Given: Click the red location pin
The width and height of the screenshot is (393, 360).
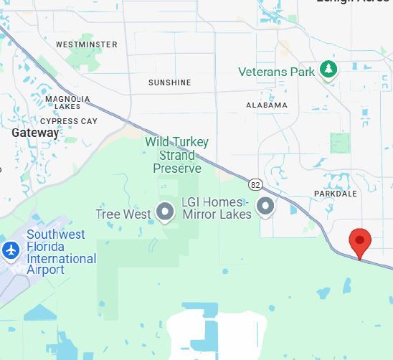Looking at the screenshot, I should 359,242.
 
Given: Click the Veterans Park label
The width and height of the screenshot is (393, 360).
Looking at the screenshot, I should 277,72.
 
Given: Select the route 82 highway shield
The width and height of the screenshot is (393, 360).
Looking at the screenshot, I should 256,185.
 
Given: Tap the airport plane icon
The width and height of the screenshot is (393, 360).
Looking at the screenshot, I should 11,251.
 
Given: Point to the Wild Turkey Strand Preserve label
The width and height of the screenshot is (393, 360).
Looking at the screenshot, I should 173,155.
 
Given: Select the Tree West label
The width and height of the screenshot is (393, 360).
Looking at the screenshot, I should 123,214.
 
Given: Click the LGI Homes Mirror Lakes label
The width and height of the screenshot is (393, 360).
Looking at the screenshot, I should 217,208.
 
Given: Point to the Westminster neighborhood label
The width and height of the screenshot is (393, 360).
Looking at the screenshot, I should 87,44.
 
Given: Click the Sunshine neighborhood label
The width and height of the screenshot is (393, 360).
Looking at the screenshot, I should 170,82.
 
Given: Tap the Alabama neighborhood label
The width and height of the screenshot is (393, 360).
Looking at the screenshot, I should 267,105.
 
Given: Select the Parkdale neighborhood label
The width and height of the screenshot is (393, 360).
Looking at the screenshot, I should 336,194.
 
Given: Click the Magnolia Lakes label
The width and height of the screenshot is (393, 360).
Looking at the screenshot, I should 67,103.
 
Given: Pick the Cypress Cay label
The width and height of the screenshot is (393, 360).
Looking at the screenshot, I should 69,121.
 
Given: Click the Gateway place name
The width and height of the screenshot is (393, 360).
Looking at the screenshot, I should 35,133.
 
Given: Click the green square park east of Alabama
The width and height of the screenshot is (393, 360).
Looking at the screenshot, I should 341,142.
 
